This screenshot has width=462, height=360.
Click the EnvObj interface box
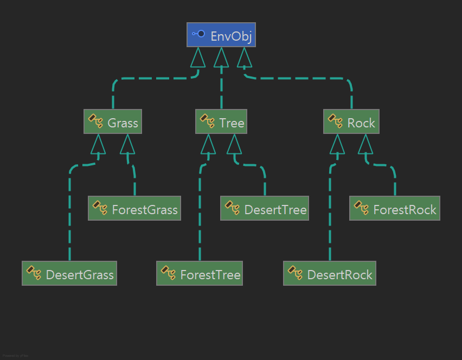pyautogui.click(x=221, y=35)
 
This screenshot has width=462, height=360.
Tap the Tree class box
pyautogui.click(x=221, y=122)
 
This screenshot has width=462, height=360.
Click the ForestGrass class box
pyautogui.click(x=134, y=209)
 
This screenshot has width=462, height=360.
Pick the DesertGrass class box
pyautogui.click(x=69, y=274)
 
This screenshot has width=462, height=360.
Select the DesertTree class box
pyautogui.click(x=265, y=209)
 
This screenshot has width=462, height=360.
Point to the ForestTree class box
pyautogui.click(x=200, y=274)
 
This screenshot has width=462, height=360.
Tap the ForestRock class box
pyautogui.click(x=395, y=209)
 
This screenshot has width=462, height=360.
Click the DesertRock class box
pyautogui.click(x=330, y=274)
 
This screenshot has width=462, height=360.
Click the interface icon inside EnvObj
pyautogui.click(x=198, y=34)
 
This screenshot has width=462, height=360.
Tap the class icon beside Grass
pyautogui.click(x=96, y=121)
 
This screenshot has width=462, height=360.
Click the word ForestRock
pyautogui.click(x=405, y=210)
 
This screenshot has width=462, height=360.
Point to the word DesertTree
pyautogui.click(x=275, y=210)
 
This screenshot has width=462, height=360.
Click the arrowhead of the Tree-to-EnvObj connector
pyautogui.click(x=221, y=57)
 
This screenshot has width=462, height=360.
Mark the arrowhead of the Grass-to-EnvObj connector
pyautogui.click(x=198, y=57)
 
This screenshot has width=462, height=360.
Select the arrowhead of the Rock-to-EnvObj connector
pyautogui.click(x=244, y=57)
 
